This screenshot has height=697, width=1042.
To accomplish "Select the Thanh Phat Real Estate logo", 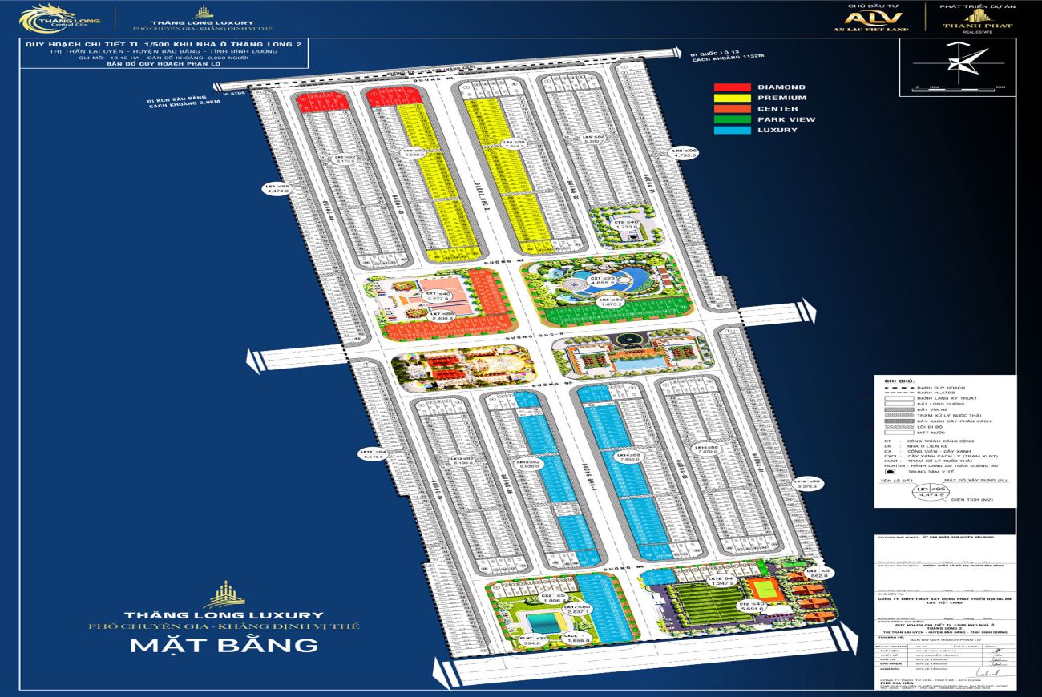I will point(976,19).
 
